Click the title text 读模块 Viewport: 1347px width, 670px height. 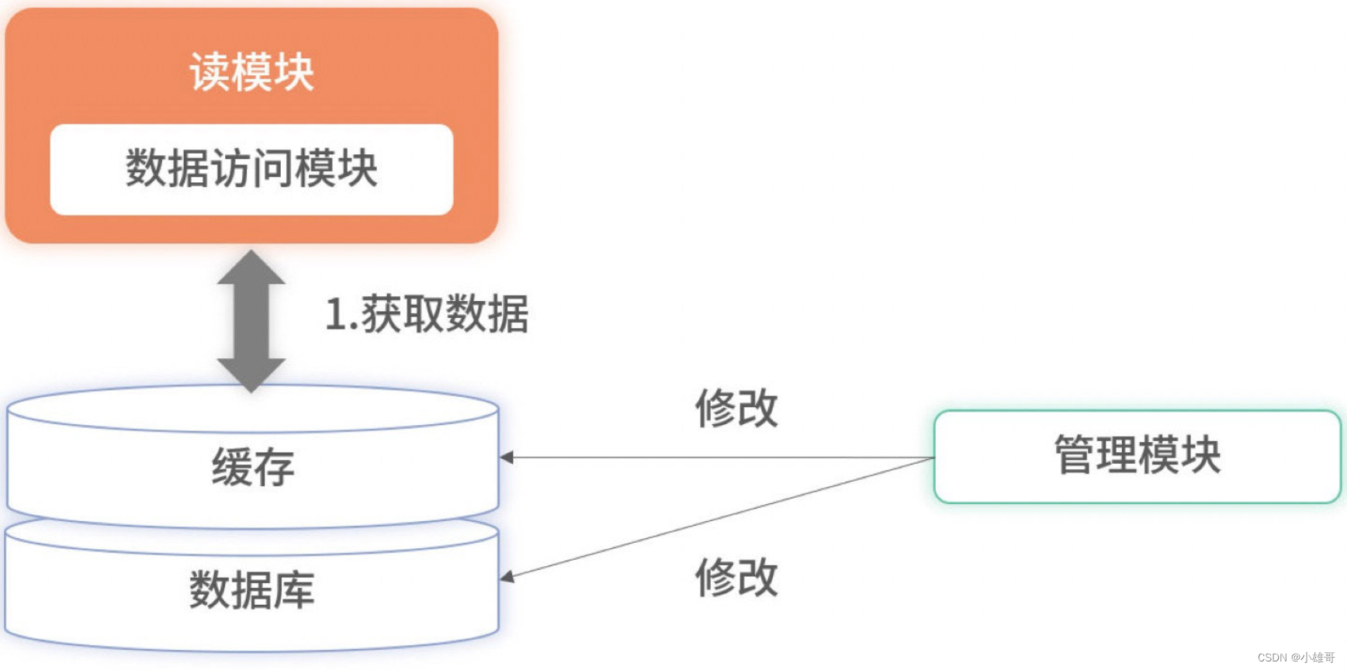coord(251,72)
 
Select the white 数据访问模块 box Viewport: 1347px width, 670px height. coord(251,169)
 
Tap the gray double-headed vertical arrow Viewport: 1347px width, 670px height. coord(251,319)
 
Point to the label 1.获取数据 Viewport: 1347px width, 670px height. coord(427,315)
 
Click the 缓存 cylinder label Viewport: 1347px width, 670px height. coord(253,467)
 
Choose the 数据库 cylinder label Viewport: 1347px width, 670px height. coord(252,589)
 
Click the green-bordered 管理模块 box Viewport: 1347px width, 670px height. coord(1137,456)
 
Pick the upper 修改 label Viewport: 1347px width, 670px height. coord(736,408)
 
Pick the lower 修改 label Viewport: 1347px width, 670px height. coord(736,578)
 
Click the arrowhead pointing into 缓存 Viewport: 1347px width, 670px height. coord(507,458)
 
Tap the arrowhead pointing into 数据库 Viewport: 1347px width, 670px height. coord(507,576)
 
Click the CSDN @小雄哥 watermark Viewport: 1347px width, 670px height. coord(1295,657)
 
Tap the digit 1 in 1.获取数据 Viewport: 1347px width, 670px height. coord(334,315)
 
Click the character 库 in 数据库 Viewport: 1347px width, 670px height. coord(294,589)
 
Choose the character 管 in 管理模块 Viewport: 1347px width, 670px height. coord(1075,455)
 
